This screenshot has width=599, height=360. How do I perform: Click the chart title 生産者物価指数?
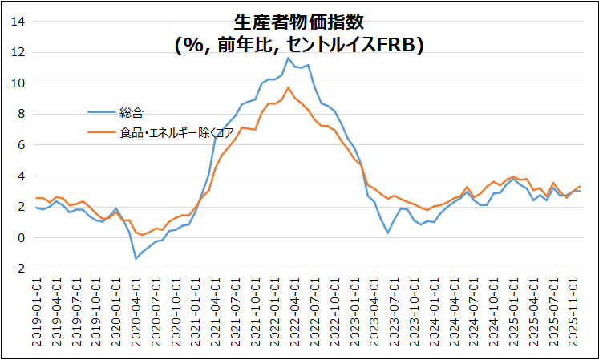point(298,22)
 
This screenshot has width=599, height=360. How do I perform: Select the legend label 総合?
point(131,112)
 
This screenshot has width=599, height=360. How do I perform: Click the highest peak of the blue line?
point(289,58)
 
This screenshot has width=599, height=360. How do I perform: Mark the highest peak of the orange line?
point(289,87)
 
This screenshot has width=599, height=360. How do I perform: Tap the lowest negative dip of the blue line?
point(136,258)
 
